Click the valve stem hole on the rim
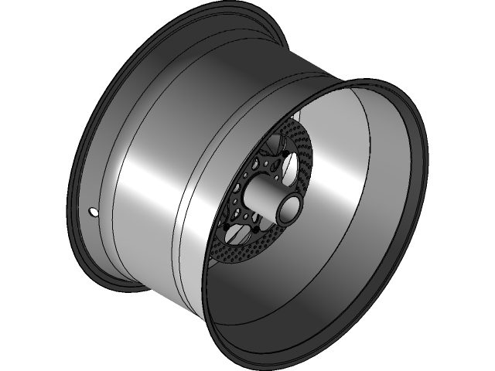(94, 212)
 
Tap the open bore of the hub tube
(290, 209)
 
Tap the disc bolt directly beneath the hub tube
(254, 230)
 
